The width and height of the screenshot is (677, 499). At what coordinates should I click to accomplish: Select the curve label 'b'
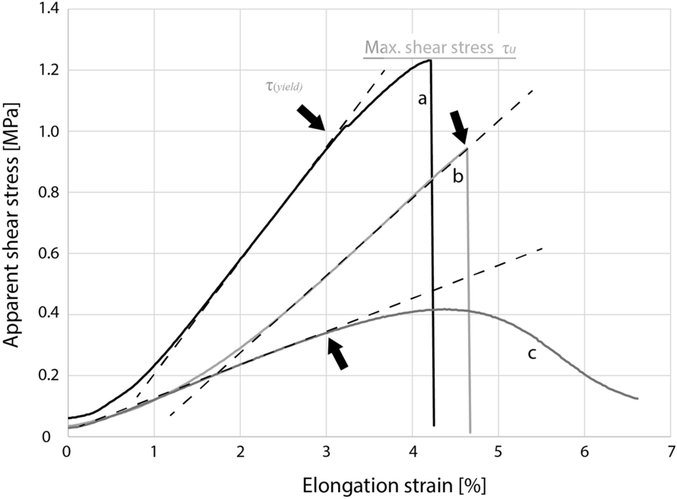point(457,176)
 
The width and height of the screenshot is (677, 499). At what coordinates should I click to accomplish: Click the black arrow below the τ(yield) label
point(309,117)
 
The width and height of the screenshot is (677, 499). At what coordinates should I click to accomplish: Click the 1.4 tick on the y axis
point(48,9)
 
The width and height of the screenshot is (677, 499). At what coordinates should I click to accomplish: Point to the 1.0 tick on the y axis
point(48,132)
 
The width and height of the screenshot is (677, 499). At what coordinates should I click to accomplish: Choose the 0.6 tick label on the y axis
point(48,254)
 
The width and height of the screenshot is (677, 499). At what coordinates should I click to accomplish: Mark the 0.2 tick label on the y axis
point(48,376)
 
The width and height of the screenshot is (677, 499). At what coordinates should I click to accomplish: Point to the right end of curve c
point(637,398)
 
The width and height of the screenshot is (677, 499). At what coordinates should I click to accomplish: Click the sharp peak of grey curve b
point(467,148)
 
